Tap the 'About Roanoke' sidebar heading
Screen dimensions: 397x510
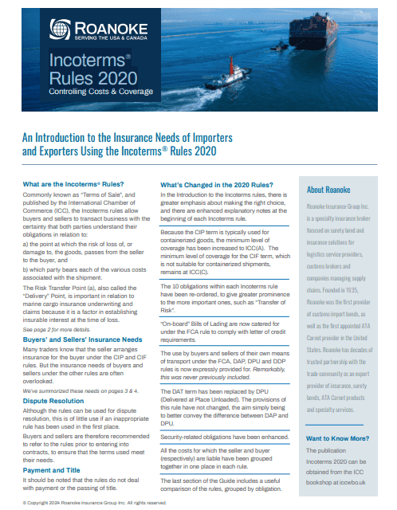[328, 190]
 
